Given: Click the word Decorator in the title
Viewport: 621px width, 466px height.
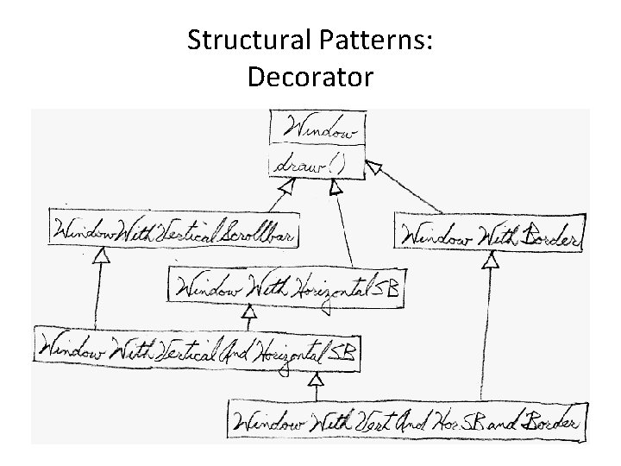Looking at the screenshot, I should [310, 77].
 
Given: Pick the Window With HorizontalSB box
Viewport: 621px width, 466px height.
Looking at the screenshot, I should [285, 285].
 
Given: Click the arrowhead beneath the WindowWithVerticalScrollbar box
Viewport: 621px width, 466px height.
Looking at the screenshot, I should [103, 255].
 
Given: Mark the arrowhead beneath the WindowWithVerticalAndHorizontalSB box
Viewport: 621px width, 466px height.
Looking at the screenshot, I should [316, 378].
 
